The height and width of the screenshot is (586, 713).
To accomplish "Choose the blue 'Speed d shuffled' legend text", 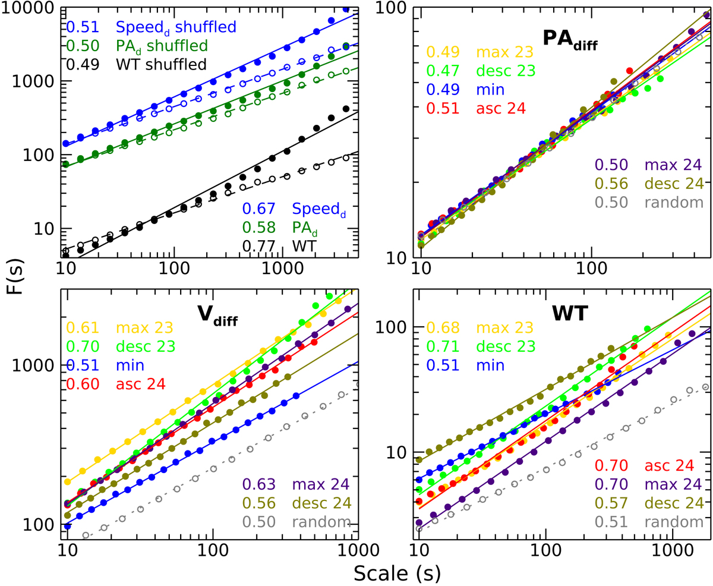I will (x=176, y=27).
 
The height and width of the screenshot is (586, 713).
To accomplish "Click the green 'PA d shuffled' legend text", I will (x=162, y=46).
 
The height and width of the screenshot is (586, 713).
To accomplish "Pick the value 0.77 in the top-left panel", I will (x=254, y=244).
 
